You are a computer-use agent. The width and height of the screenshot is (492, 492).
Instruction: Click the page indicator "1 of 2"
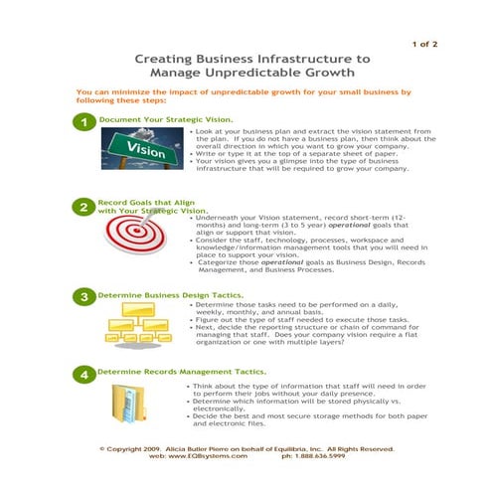(x=423, y=44)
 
